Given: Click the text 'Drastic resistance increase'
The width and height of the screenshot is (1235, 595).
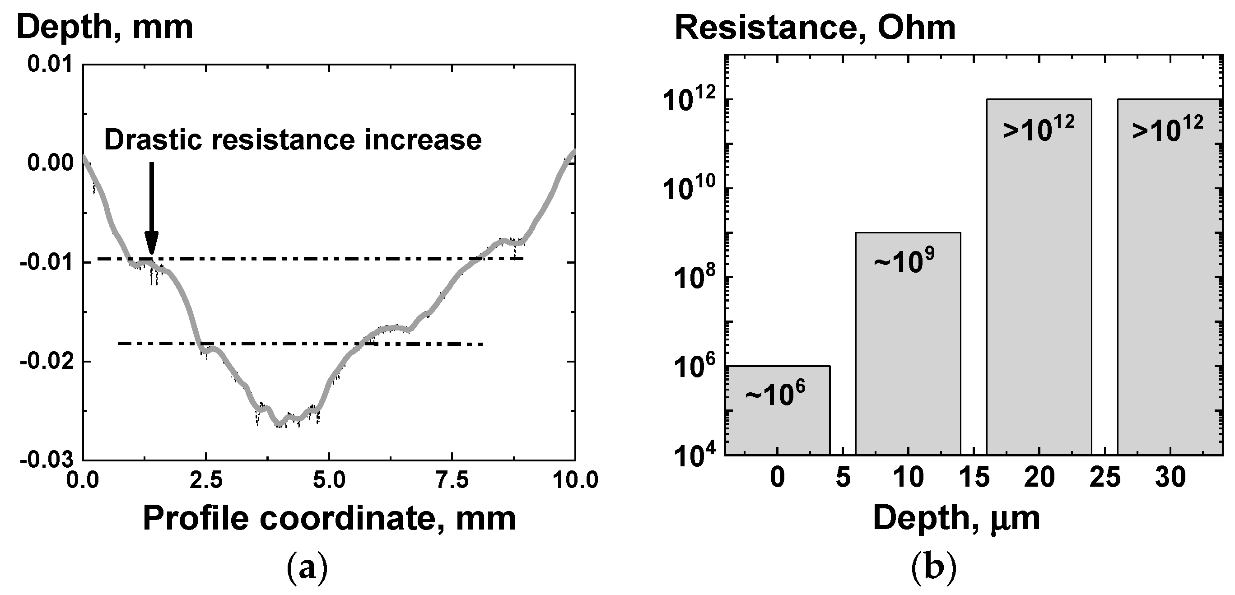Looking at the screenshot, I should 293,140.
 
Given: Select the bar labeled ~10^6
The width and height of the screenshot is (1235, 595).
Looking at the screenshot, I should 777,410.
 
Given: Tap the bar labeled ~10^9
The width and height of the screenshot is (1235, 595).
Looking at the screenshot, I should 908,343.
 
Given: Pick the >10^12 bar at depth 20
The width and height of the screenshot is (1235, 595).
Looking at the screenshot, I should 1039,276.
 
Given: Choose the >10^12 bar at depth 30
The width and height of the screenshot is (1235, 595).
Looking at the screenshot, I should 1170,276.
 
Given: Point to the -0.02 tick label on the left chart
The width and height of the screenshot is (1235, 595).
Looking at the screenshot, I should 47,361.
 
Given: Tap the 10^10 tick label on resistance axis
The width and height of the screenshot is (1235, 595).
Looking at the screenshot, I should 690,189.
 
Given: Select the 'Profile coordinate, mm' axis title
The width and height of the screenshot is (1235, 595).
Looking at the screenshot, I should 329,519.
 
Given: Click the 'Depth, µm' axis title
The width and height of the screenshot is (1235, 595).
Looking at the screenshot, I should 956,519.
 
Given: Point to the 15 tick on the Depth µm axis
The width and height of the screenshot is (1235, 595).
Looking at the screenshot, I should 974,478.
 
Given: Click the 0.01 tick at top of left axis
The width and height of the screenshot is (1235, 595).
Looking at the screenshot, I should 50,64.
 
